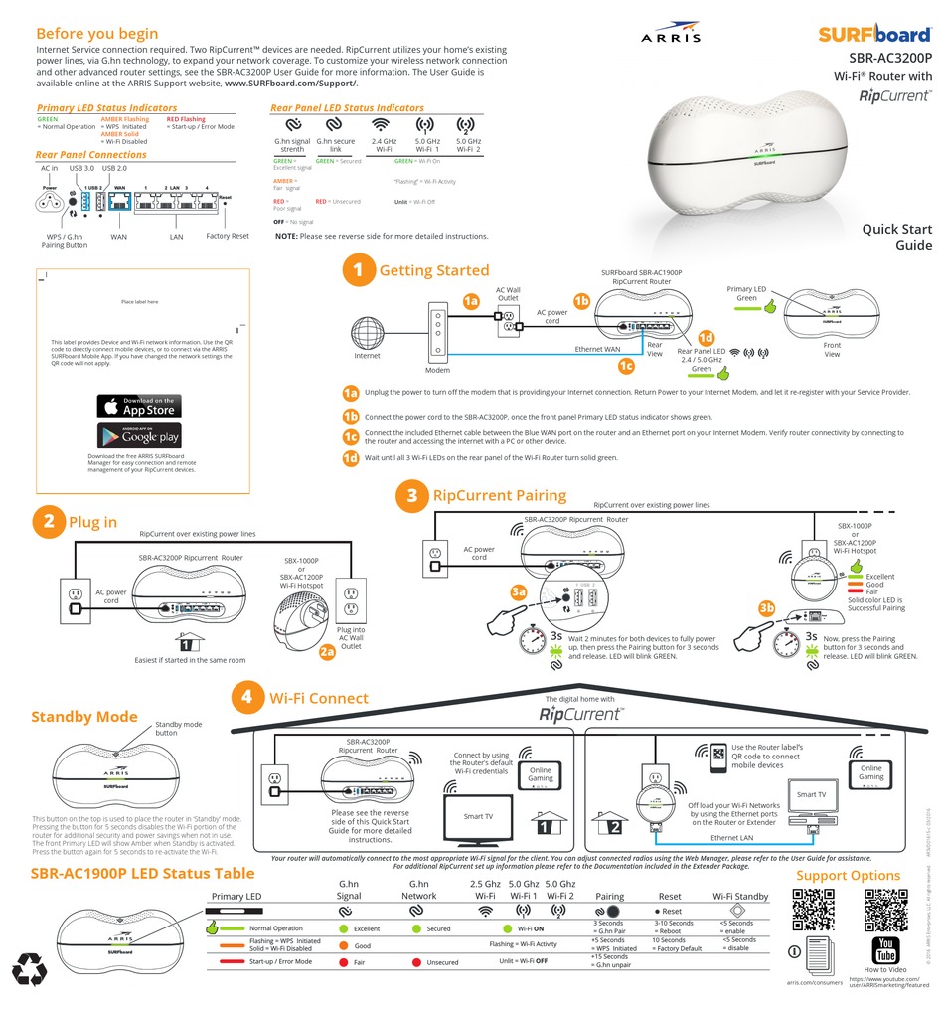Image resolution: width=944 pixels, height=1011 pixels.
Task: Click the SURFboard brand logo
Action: point(874,34)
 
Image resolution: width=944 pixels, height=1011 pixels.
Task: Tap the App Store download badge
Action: point(139,406)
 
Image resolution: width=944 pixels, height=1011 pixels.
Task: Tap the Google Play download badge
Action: point(139,435)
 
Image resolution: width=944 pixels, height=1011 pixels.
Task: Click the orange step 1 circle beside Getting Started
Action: point(358,270)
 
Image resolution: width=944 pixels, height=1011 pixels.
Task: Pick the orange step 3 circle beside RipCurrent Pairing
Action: point(411,496)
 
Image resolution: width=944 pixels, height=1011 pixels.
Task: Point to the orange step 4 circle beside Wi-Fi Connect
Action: point(247,698)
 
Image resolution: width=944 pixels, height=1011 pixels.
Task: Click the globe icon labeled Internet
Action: point(368,331)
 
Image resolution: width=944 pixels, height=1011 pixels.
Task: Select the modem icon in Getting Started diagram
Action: point(438,331)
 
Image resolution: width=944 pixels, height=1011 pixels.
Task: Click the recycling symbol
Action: point(29,969)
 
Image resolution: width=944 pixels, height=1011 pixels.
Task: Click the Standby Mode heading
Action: point(83,717)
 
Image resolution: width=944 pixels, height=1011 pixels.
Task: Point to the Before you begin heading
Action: point(96,34)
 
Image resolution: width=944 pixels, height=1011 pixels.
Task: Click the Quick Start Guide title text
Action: point(896,237)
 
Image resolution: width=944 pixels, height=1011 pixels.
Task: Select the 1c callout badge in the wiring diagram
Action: point(626,366)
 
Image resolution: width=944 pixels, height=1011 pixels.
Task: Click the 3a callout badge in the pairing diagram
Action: point(519,591)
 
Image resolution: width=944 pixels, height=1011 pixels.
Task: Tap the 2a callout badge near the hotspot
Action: point(327,652)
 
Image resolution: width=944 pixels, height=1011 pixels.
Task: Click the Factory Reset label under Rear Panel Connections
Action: point(228,237)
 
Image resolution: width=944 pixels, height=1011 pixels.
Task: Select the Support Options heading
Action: point(848,875)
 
